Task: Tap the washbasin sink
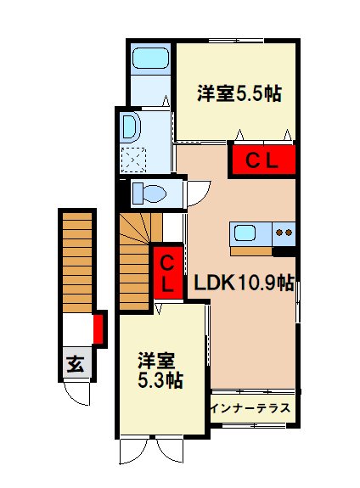(x=130, y=127)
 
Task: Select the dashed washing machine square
(x=134, y=159)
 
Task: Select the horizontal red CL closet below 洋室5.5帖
(x=262, y=160)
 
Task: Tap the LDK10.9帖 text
(x=244, y=283)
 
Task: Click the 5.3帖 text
(x=161, y=380)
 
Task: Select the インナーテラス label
(x=253, y=408)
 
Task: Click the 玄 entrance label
(x=76, y=365)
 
